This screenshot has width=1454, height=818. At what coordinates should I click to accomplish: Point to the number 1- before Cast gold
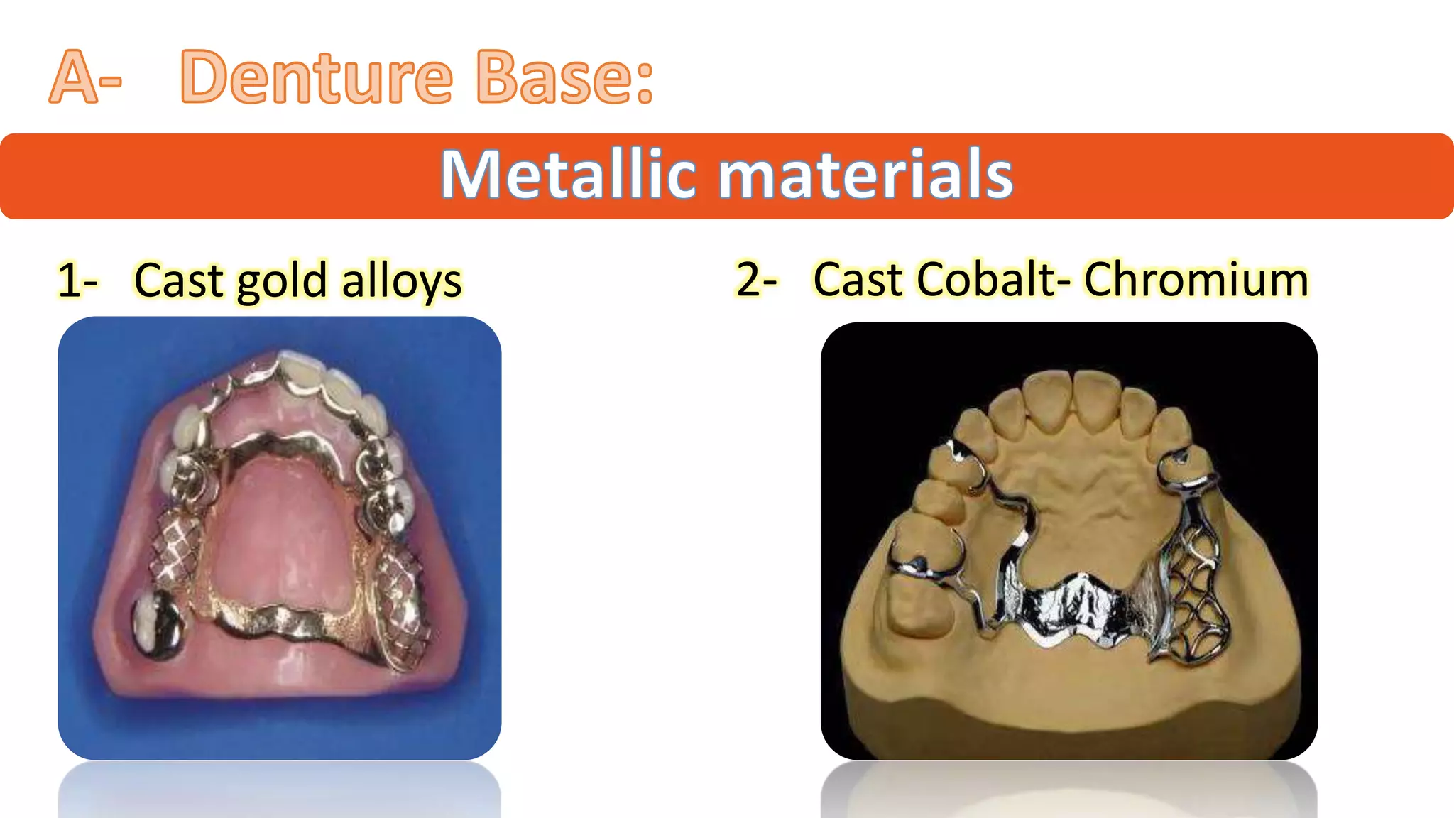click(x=77, y=280)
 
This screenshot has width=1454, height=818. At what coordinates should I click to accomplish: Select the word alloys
click(x=402, y=281)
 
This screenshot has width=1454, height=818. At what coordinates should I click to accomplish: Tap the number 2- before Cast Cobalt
click(x=756, y=278)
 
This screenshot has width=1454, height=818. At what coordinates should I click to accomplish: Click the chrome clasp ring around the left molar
click(x=923, y=561)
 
